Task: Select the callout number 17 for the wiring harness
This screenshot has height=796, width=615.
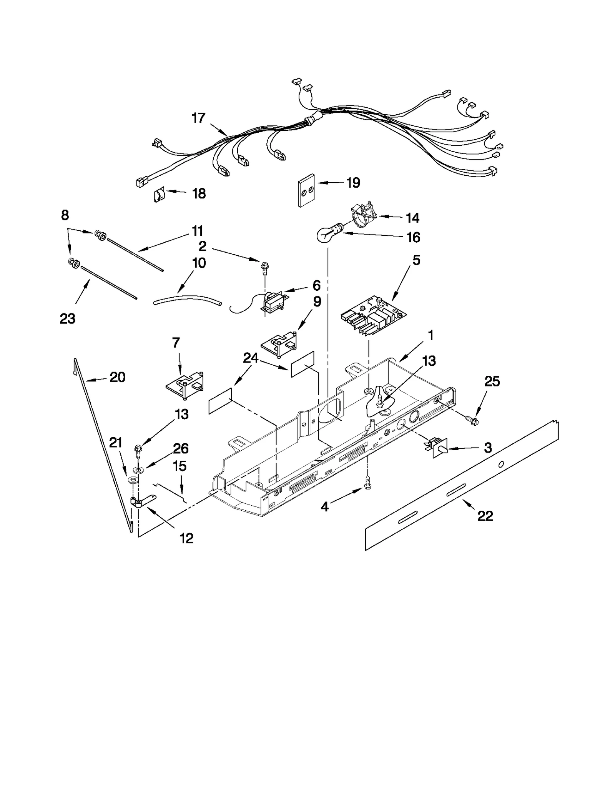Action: pos(198,118)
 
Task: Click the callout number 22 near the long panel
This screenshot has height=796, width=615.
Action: pos(485,516)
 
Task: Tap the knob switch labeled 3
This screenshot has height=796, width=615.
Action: pos(438,448)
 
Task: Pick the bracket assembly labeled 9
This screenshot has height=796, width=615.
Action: pos(279,341)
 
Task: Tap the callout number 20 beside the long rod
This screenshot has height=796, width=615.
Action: pos(118,377)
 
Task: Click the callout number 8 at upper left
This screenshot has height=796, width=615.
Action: pos(65,215)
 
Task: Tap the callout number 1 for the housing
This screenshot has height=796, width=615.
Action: pos(430,335)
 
